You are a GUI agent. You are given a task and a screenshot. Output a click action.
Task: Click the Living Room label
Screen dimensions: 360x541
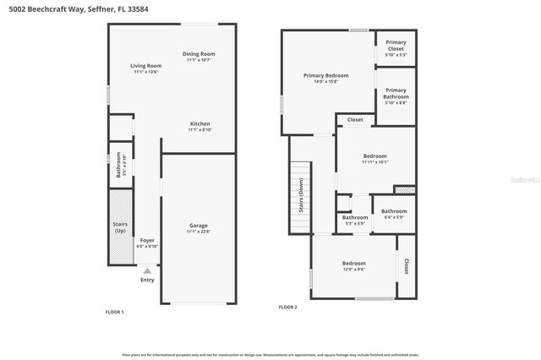tap(145, 66)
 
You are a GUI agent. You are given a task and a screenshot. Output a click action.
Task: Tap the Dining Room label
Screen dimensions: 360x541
tap(199, 54)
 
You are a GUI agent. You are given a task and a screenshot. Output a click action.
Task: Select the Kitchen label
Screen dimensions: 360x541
tap(199, 123)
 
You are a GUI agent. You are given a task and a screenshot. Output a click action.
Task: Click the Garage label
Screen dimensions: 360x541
tap(199, 226)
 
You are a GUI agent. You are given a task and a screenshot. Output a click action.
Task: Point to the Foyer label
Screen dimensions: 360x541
tap(147, 241)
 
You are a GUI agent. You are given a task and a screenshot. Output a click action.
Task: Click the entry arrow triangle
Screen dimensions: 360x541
tap(147, 270)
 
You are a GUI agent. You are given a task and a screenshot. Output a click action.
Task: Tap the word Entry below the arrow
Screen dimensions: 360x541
tap(147, 280)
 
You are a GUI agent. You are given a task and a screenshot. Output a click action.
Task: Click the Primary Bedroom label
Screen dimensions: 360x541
tap(325, 75)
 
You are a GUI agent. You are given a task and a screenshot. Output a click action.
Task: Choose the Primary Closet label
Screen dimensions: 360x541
tap(395, 46)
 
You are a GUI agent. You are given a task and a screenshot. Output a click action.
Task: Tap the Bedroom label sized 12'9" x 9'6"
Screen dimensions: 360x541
tap(353, 263)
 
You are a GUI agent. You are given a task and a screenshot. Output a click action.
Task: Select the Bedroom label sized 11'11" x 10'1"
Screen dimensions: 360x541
tap(375, 156)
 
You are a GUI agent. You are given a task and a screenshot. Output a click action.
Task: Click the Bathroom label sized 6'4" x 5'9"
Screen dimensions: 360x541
tap(394, 211)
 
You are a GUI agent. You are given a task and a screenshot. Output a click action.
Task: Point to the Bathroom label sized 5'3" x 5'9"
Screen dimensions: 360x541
tap(355, 217)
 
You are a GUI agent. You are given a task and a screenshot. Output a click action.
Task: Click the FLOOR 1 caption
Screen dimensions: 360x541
tap(114, 313)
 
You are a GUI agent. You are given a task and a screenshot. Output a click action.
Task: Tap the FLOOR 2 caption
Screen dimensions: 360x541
tap(288, 307)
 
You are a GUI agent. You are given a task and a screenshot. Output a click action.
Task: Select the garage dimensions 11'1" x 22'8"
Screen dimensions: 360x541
tap(199, 232)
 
